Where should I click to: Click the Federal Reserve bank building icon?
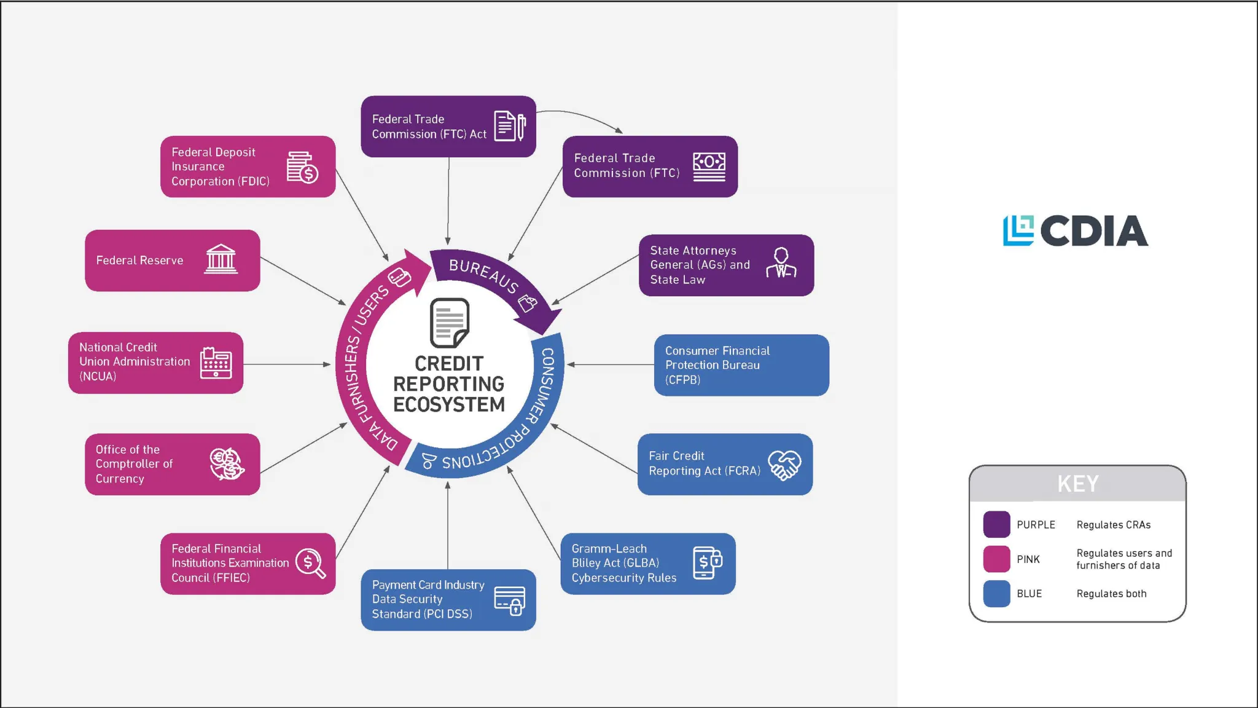(x=221, y=259)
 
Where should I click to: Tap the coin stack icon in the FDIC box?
(x=302, y=167)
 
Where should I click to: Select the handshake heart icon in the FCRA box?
(x=784, y=465)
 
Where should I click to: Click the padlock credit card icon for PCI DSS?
(x=510, y=600)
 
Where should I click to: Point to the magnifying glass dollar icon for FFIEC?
(x=310, y=563)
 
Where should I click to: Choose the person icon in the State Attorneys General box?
(x=781, y=264)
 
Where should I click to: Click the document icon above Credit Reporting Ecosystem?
(x=449, y=323)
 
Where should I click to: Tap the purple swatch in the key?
(x=996, y=524)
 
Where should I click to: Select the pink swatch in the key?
(x=996, y=559)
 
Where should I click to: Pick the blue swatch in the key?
(x=996, y=594)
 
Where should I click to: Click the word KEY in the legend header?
(x=1077, y=484)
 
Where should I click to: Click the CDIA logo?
(x=1076, y=230)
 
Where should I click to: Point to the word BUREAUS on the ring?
(x=483, y=275)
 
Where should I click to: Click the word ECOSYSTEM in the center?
(x=449, y=405)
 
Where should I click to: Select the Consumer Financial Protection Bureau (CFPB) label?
(x=717, y=365)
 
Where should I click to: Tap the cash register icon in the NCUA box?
(x=216, y=363)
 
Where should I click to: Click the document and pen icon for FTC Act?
(x=510, y=126)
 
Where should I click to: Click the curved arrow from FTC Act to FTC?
(x=584, y=117)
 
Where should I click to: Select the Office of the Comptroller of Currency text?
(x=134, y=464)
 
